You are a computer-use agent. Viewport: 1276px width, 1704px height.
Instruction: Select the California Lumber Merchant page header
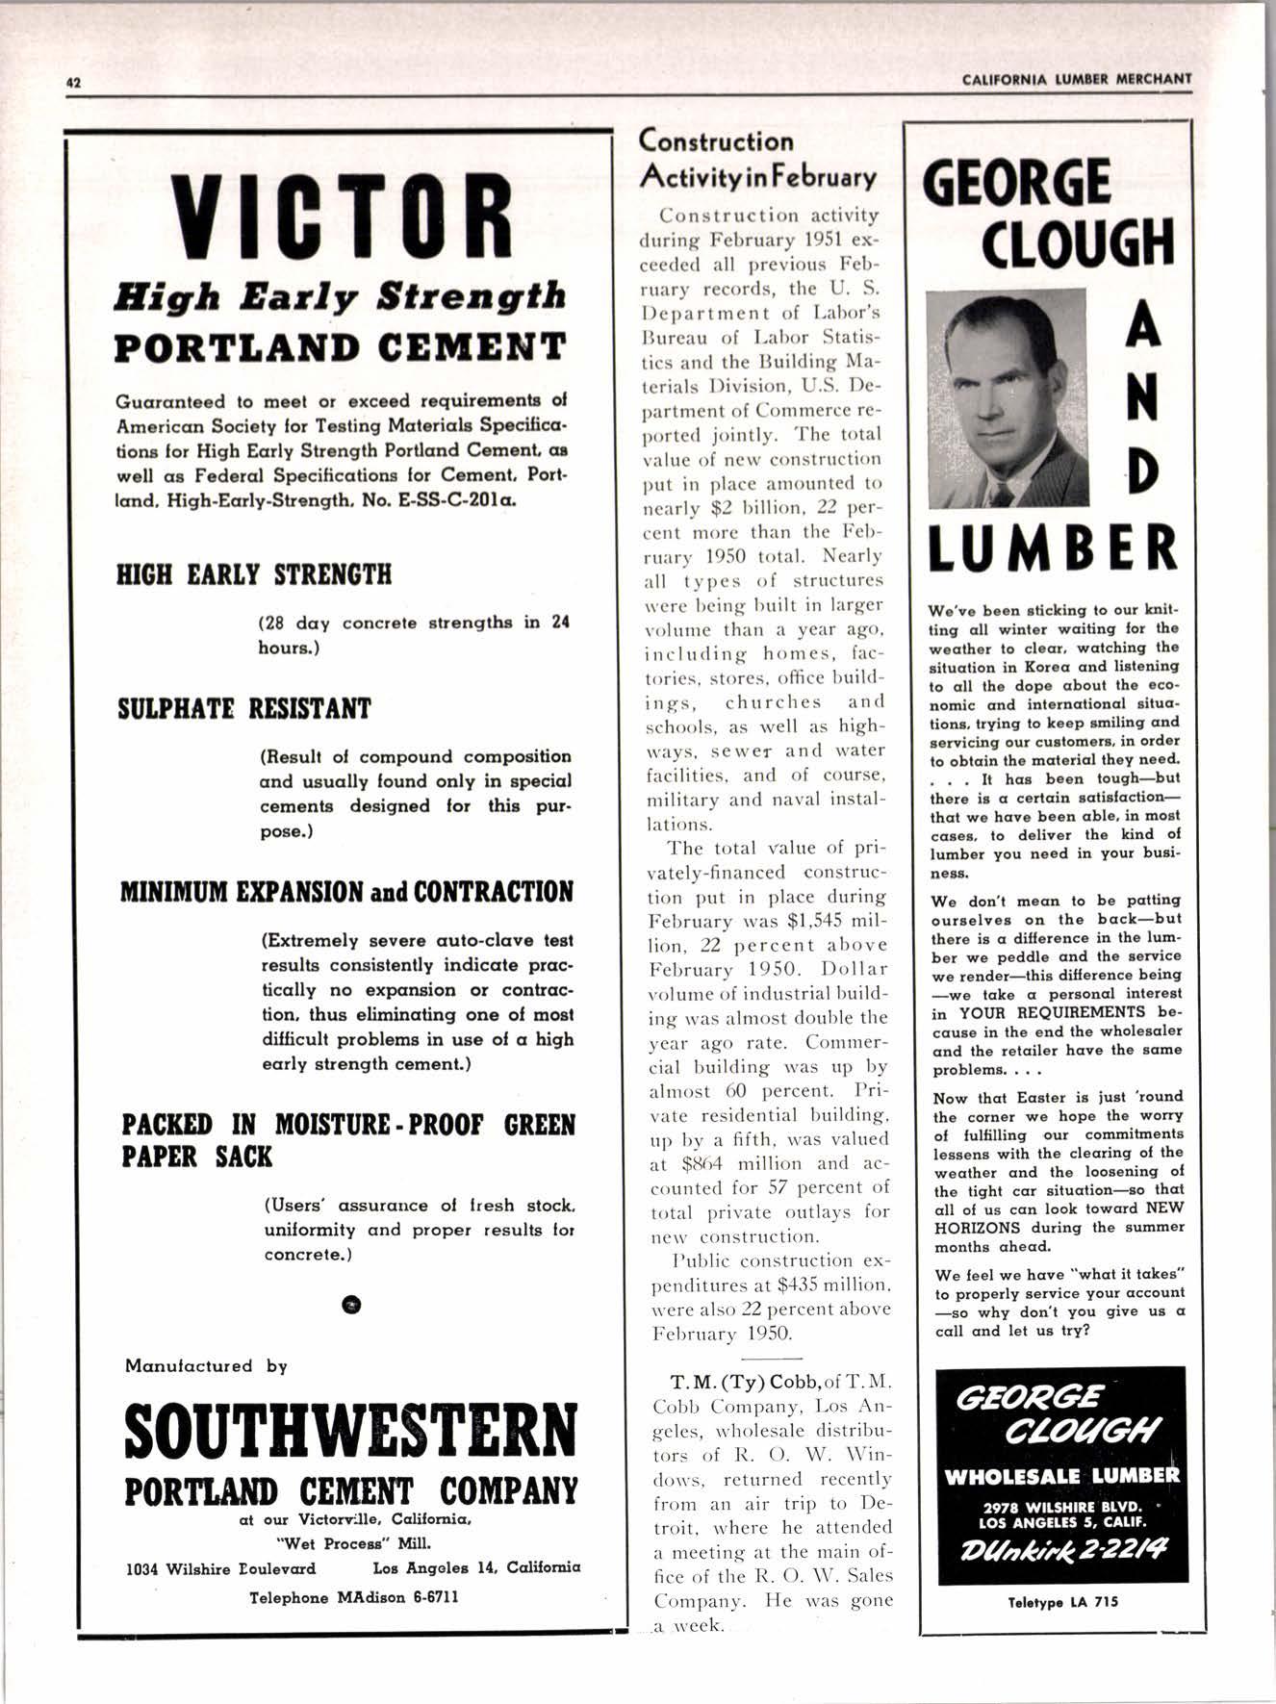pyautogui.click(x=1077, y=79)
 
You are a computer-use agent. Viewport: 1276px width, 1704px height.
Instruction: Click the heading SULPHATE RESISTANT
pyautogui.click(x=243, y=709)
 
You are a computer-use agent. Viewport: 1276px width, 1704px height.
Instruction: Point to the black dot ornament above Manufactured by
pyautogui.click(x=351, y=1304)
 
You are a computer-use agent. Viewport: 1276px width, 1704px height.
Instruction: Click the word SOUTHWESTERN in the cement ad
pyautogui.click(x=351, y=1431)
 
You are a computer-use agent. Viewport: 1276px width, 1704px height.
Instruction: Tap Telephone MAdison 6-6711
pyautogui.click(x=353, y=1597)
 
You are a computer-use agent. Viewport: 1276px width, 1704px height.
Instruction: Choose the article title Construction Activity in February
pyautogui.click(x=757, y=160)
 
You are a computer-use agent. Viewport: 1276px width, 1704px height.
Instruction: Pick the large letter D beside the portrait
pyautogui.click(x=1142, y=470)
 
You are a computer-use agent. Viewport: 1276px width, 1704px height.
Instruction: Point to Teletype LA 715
pyautogui.click(x=1062, y=1602)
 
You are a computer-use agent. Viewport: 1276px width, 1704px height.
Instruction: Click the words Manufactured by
pyautogui.click(x=206, y=1365)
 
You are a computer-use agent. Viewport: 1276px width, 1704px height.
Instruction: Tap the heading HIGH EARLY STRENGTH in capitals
pyautogui.click(x=254, y=575)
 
